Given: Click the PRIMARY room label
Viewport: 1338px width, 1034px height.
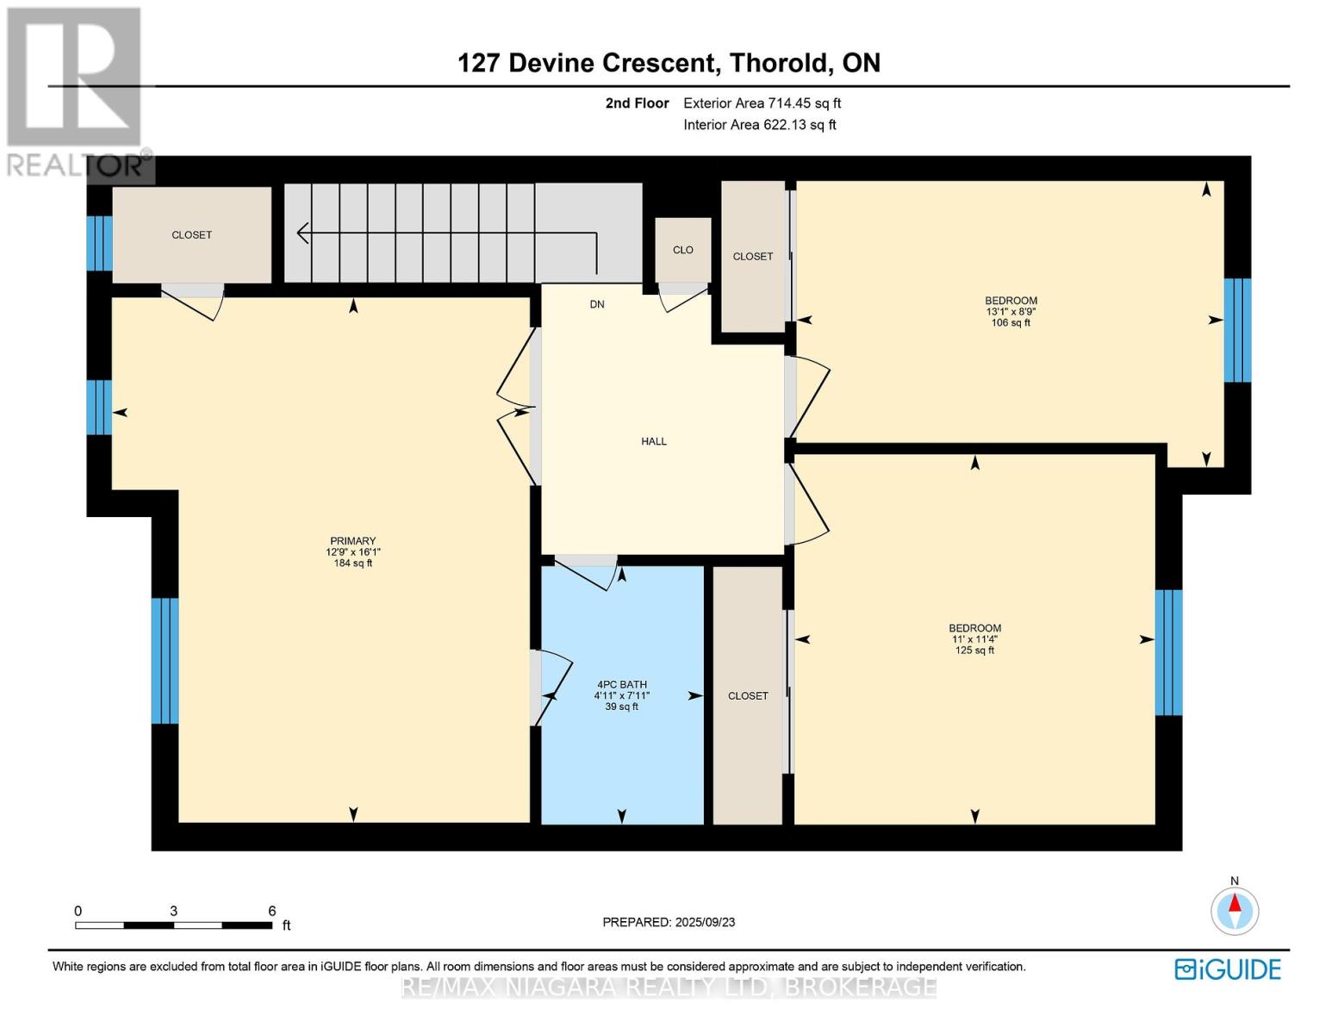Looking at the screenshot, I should point(352,541).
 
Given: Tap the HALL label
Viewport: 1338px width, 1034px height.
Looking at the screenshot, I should point(654,441).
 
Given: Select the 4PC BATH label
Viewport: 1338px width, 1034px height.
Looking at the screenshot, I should point(621,685).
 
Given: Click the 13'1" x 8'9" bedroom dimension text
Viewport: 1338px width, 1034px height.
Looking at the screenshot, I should point(1011,312).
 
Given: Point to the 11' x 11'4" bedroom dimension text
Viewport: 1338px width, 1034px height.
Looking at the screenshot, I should point(974,639).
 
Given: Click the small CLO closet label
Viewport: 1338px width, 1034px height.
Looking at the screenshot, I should point(683,250).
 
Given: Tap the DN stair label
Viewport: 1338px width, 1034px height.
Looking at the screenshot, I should point(597,304).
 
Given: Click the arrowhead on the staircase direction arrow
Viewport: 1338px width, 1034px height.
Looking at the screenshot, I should point(302,233).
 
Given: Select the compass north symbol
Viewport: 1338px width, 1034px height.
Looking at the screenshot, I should point(1235,910).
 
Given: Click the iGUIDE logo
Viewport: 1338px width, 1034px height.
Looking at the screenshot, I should point(1228,969).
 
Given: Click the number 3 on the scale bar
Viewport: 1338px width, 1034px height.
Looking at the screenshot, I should point(174,911).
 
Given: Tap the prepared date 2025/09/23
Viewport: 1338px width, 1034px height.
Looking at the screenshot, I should point(705,922).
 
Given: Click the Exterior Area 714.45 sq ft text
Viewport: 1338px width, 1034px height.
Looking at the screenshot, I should point(762,103).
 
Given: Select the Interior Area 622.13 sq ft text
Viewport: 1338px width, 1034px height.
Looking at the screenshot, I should point(759,125).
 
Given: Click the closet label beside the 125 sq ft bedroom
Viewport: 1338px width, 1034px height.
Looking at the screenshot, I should point(748,695).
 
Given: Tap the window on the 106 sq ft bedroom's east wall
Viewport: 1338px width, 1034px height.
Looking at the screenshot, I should point(1237,330).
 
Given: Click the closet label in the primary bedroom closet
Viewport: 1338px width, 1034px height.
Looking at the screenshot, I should point(191,234).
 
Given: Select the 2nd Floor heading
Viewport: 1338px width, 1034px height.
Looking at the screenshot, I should point(637,103).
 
